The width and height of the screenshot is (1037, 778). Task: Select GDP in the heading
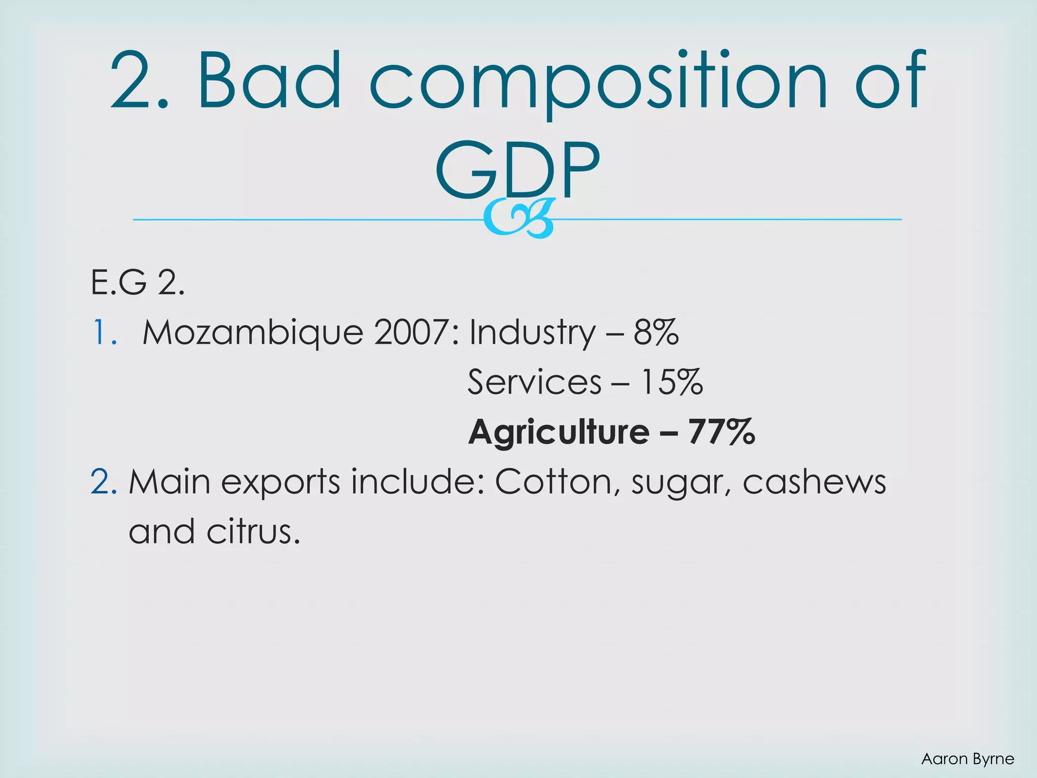click(517, 170)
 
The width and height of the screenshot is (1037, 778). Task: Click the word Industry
click(532, 333)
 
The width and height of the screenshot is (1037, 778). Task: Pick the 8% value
click(656, 333)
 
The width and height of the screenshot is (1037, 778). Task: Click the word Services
click(535, 382)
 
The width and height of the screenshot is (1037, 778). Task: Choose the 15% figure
click(671, 382)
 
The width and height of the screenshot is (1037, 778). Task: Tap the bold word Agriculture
click(559, 432)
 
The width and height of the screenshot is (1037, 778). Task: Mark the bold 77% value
click(721, 432)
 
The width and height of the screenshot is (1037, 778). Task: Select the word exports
click(281, 482)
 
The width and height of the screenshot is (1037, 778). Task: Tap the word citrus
click(253, 532)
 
